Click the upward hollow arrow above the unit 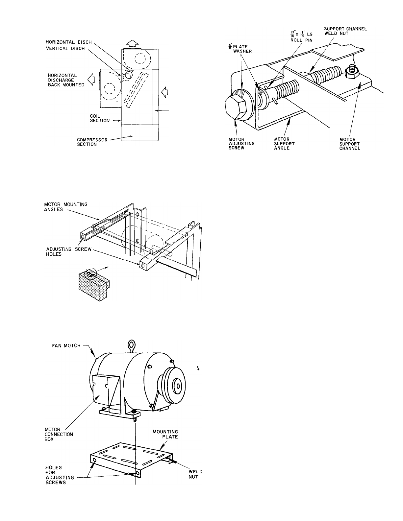[132, 44]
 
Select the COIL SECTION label [100, 118]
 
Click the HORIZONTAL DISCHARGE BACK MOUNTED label [66, 80]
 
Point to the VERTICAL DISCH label [65, 48]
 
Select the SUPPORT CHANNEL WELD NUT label [345, 31]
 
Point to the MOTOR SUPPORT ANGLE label [284, 144]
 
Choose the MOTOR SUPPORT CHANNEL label [350, 144]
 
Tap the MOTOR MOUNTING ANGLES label [66, 207]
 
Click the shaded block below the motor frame [94, 285]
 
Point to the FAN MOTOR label [66, 345]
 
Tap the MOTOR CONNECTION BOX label [59, 434]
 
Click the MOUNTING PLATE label [165, 434]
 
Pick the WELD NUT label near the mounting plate [195, 474]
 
